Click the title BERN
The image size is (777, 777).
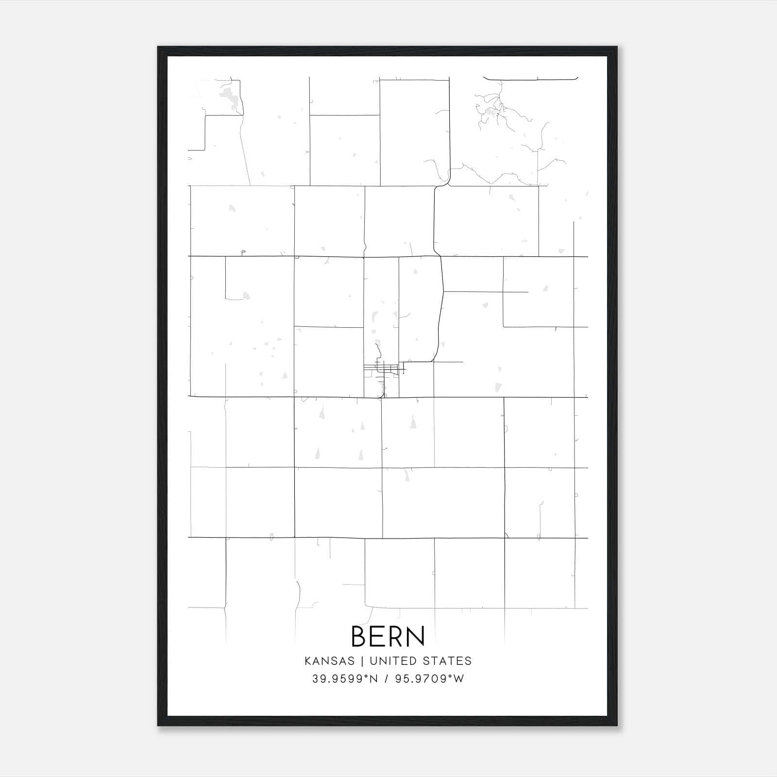coord(388,637)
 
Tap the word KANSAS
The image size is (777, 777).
coord(329,661)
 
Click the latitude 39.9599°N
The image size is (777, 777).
coord(345,679)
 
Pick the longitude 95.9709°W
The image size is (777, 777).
coord(430,679)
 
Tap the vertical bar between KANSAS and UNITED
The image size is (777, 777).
coord(362,661)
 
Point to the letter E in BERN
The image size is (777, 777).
coord(379,637)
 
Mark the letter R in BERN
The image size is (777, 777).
coord(396,637)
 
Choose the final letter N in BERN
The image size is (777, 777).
coord(417,637)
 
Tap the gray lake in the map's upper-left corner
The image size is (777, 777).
coord(227,99)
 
